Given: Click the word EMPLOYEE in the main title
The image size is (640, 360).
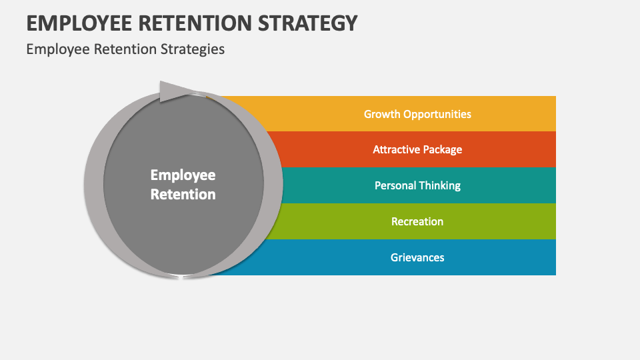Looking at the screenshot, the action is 79,23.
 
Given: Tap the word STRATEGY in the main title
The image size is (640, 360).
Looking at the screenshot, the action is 308,23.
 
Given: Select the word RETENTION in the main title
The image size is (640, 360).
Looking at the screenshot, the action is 195,23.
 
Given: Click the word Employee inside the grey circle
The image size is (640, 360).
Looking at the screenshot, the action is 183,175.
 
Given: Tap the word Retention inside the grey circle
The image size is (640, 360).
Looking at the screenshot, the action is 183,194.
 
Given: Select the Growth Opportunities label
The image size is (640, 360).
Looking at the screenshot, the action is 417,114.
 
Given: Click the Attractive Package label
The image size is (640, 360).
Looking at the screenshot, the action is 417,150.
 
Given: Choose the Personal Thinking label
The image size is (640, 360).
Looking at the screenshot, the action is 417,186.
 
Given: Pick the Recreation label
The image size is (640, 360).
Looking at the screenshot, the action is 417,221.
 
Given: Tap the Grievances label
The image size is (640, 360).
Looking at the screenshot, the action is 417,257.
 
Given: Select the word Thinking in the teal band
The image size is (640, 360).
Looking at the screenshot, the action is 439,186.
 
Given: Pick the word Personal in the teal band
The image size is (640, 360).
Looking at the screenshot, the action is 395,186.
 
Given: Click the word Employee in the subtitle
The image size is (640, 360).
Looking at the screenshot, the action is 58,49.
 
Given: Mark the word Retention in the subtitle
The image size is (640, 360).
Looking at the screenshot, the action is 125,49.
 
